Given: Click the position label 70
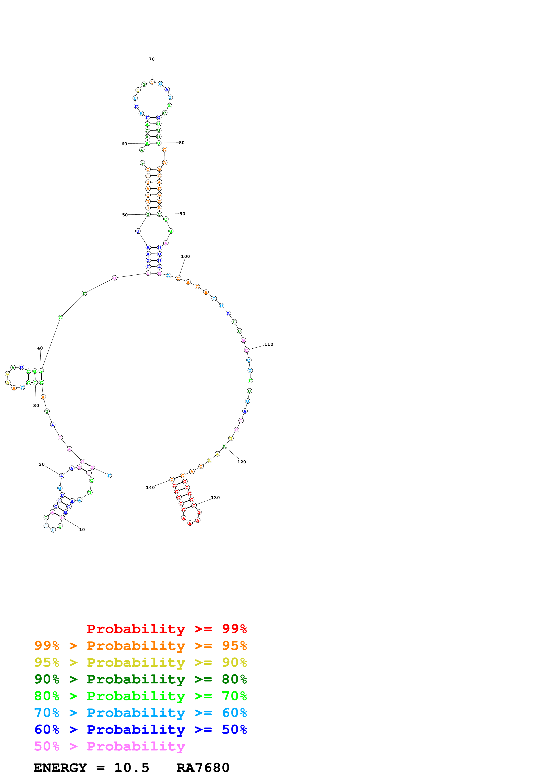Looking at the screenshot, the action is point(152,59).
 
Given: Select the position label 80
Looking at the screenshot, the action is point(182,143).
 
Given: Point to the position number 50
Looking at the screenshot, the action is point(125,215).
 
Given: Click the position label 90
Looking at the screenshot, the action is point(182,214).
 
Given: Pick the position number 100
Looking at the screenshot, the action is point(185,256).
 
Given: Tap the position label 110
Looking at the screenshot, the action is point(269,344).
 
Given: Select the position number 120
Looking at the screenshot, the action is point(241,462).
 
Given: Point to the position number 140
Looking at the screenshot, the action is point(150,488).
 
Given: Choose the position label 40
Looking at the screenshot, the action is point(40,348).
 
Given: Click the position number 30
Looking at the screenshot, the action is point(36,406).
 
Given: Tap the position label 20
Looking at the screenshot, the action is point(42,464).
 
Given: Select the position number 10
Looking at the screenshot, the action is point(82,530).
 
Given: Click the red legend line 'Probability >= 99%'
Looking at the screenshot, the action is point(166,629).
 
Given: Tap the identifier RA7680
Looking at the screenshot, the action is point(203,768).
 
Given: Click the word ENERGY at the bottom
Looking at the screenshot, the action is point(60,768).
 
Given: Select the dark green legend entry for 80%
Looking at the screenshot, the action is point(140,679).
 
